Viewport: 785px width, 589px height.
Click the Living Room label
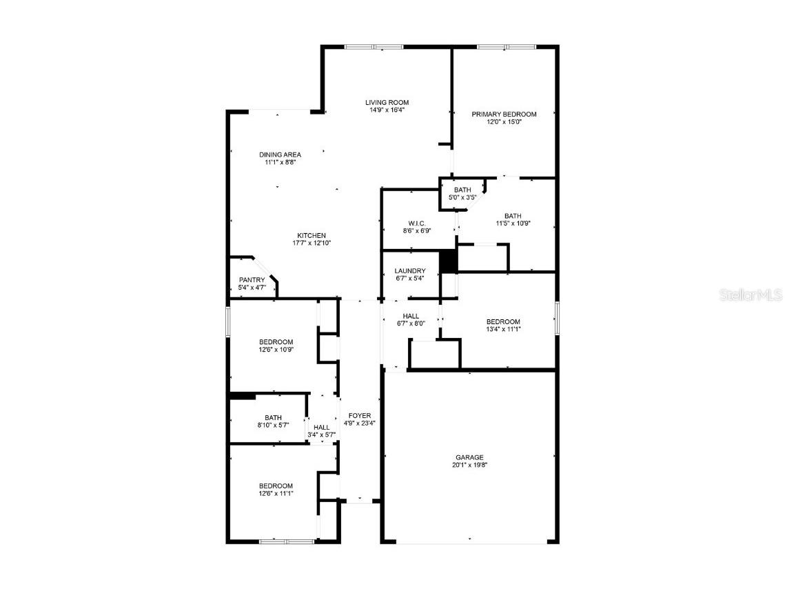click(387, 103)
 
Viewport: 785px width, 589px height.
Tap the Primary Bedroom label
click(504, 114)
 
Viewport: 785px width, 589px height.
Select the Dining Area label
click(280, 154)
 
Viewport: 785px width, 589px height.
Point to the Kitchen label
click(312, 235)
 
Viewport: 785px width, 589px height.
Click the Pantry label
click(252, 280)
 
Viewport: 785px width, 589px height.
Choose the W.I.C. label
click(417, 223)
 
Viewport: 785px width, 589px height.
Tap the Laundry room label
click(410, 271)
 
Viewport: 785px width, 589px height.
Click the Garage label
click(469, 457)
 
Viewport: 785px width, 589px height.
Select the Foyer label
click(360, 415)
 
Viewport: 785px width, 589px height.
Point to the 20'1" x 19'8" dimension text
click(469, 465)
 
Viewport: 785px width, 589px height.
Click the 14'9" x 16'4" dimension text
click(387, 110)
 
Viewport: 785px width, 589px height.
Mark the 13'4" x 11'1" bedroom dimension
click(503, 329)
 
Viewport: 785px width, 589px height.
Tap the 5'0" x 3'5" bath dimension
click(462, 197)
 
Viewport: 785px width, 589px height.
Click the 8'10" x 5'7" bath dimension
click(274, 425)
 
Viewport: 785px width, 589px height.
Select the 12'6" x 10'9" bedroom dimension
click(276, 350)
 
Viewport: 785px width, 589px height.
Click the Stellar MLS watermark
click(751, 295)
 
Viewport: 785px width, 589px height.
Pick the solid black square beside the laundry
click(449, 261)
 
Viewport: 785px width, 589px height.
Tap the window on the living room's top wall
click(374, 47)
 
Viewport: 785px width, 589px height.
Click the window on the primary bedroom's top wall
click(505, 47)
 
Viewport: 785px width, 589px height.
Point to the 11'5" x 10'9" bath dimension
click(513, 223)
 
